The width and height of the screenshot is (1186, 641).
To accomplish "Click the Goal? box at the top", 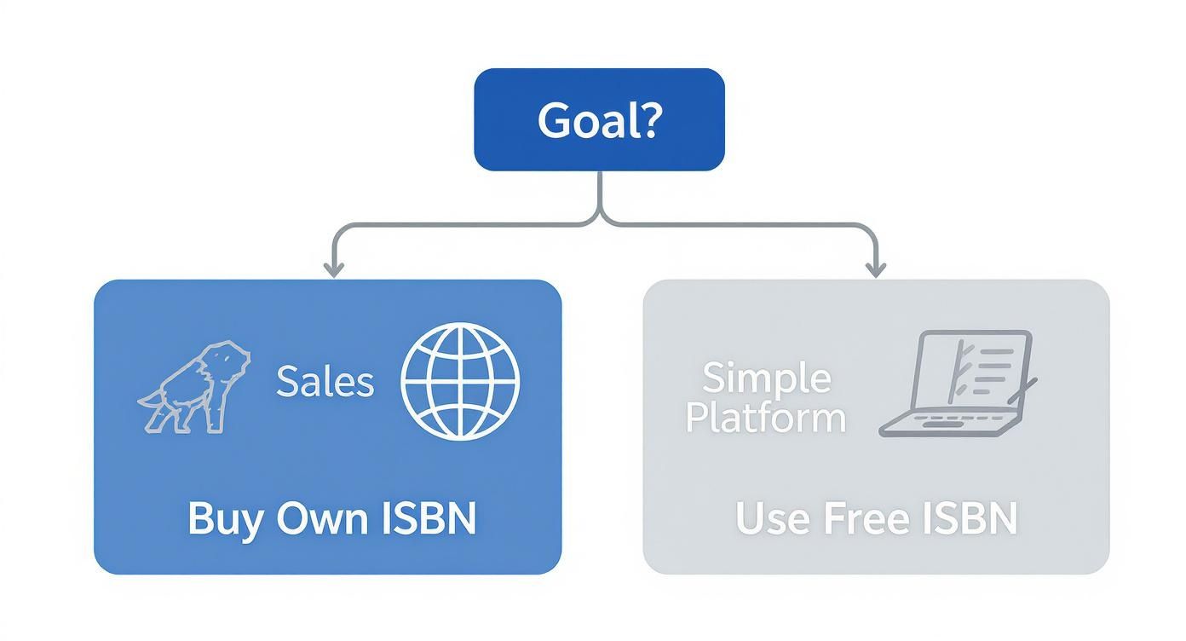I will click(599, 119).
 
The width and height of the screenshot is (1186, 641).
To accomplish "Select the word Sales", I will click(325, 382).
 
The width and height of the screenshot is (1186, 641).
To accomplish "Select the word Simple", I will click(767, 377).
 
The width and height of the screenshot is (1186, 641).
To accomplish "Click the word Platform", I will click(765, 418).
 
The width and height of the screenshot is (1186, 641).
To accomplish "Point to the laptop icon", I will click(959, 384).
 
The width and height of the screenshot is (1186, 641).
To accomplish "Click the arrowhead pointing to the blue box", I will click(333, 269).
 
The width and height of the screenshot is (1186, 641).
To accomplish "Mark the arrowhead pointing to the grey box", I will click(875, 269).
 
